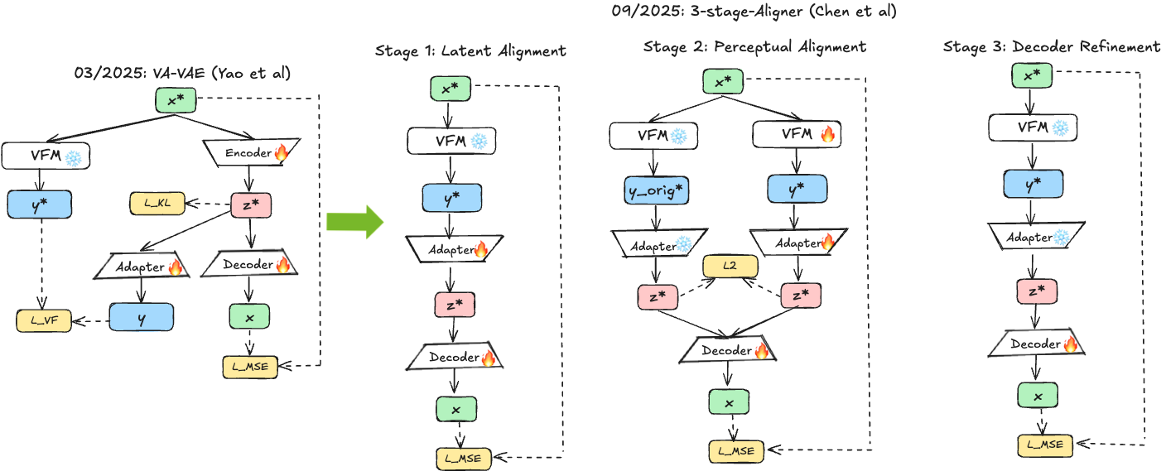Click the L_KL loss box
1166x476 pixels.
(157, 204)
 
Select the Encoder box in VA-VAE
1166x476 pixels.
(248, 151)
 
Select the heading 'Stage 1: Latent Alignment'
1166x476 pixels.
(470, 51)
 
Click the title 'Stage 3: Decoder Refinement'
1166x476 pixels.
(1051, 47)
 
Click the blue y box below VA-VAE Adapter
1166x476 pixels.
(141, 317)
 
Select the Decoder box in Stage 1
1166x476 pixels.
(455, 358)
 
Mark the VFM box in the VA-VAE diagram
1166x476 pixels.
(46, 155)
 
